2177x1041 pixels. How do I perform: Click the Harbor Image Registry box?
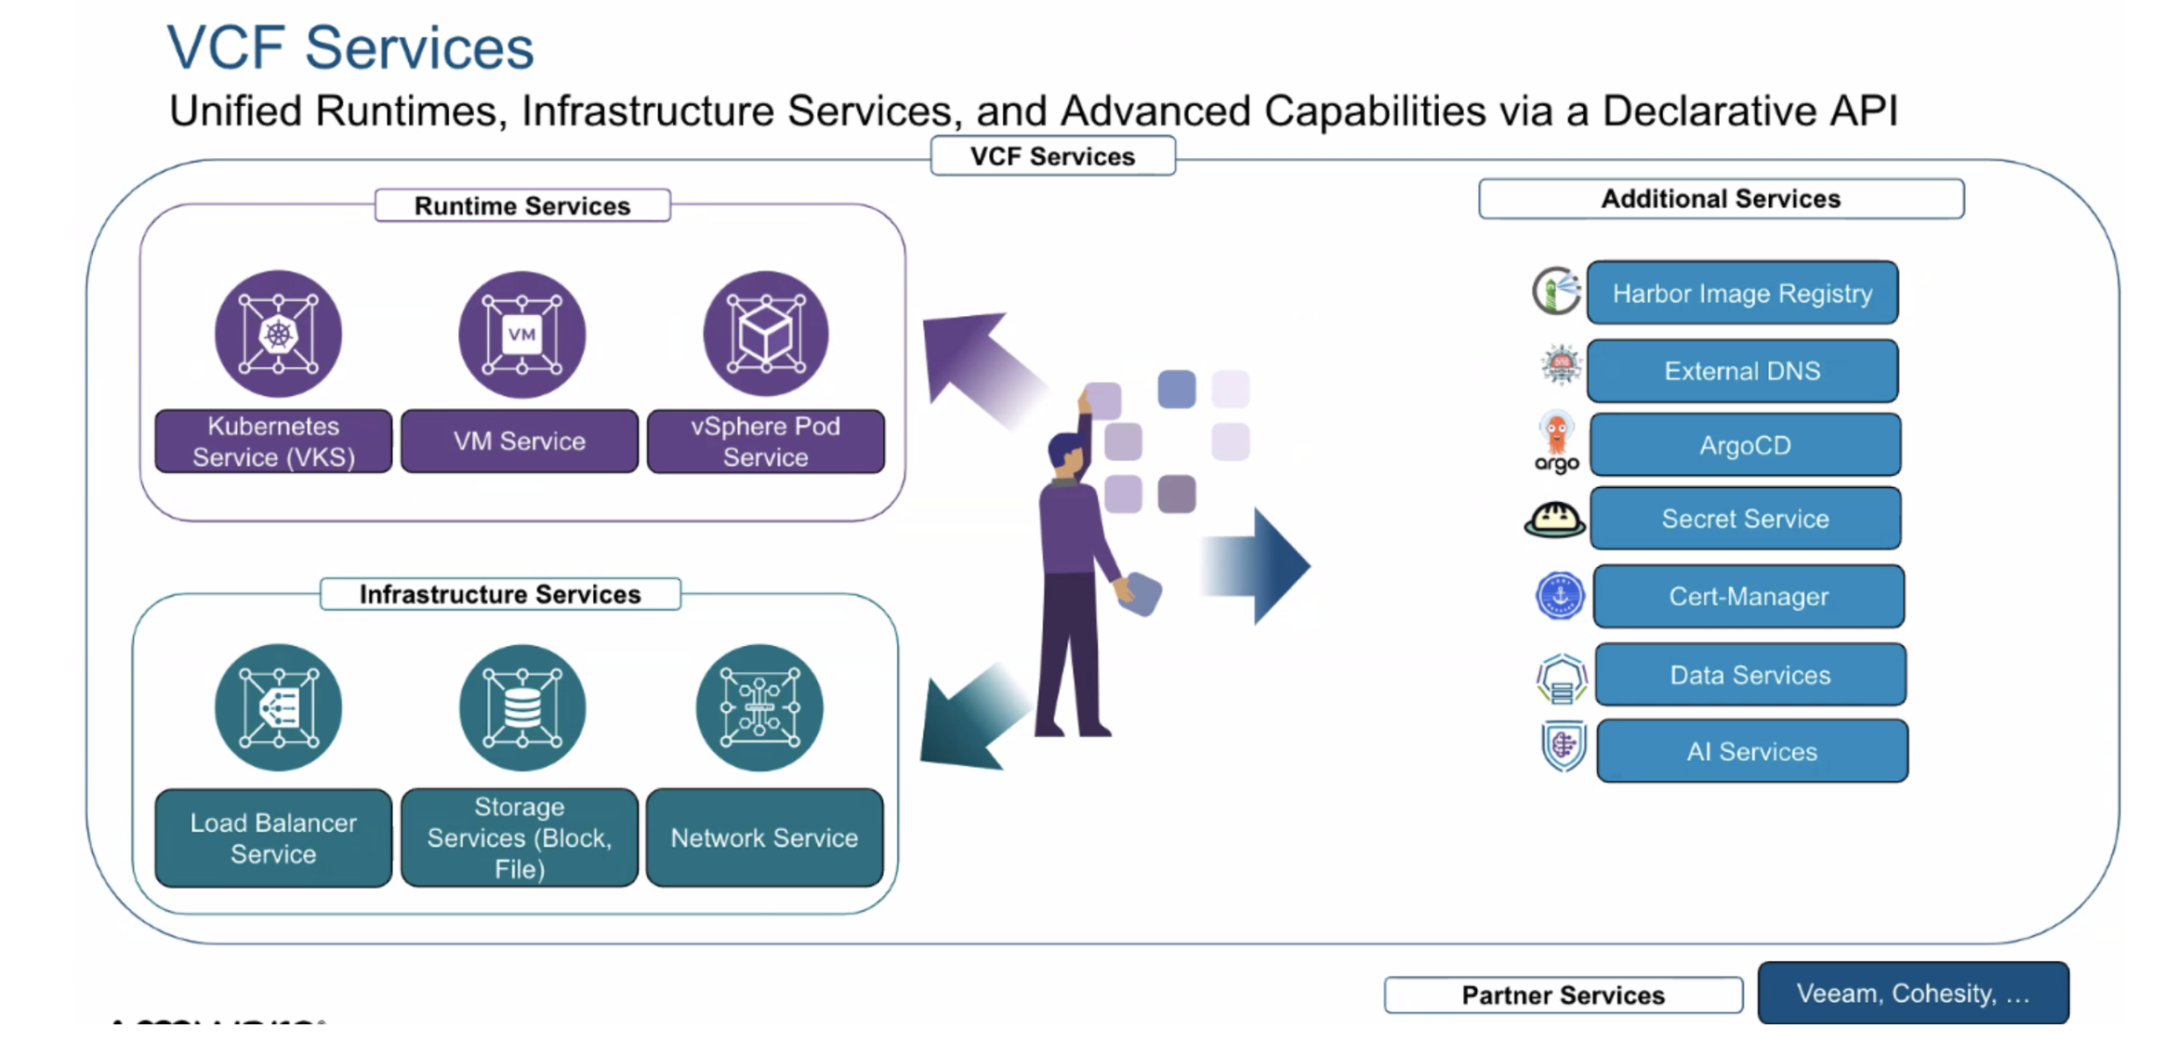point(1742,293)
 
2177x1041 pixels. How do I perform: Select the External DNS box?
point(1742,371)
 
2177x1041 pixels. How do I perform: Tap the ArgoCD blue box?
point(1745,445)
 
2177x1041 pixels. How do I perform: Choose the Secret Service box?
point(1745,519)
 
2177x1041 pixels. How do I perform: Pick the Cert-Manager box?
point(1748,597)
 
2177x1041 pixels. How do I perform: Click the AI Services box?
point(1752,751)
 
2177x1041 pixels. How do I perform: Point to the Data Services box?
point(1750,675)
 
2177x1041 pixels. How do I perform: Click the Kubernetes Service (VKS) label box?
point(273,441)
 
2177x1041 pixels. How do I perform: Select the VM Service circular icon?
point(521,335)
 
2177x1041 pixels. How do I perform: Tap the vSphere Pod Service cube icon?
point(765,335)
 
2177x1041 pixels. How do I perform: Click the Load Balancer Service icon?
point(278,707)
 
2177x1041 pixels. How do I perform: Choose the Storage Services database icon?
point(521,707)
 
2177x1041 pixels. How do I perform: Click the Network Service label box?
point(764,837)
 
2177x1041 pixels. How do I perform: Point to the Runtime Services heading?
point(522,205)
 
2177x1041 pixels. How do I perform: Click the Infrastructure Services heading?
point(500,594)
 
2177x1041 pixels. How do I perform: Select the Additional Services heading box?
point(1721,199)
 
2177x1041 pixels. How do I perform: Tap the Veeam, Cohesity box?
point(1913,994)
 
